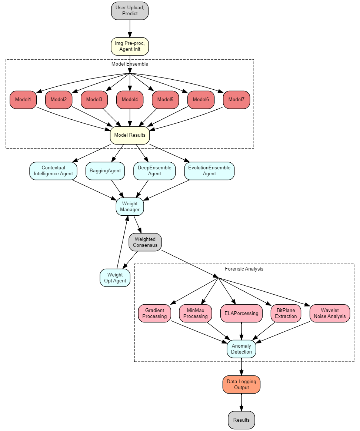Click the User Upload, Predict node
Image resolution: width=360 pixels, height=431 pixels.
[130, 11]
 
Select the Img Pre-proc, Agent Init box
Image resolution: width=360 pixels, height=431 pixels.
[130, 46]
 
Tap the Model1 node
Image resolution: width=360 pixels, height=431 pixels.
[23, 100]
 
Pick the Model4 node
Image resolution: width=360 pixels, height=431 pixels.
[130, 100]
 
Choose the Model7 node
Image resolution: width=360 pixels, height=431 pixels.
[236, 100]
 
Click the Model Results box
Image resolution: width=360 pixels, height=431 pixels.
[130, 135]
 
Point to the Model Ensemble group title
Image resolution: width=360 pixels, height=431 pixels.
[130, 64]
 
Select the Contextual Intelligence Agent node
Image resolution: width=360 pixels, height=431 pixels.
[53, 171]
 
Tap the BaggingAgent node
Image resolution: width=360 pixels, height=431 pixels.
[105, 171]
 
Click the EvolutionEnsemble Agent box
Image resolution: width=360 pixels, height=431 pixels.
[209, 171]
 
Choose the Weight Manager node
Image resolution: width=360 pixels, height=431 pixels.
[130, 206]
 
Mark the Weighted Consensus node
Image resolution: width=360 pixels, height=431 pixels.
[145, 242]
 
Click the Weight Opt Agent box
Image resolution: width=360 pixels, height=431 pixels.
[115, 278]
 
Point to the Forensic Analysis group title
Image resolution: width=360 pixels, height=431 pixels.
[244, 269]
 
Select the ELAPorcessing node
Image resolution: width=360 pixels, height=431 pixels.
[241, 313]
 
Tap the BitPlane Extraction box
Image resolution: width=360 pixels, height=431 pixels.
[286, 313]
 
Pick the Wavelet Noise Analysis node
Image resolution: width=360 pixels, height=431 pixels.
[330, 313]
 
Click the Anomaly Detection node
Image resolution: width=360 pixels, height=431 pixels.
[241, 349]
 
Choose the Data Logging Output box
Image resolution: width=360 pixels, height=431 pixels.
[241, 384]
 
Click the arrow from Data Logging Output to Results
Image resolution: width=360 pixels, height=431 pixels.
[241, 402]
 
